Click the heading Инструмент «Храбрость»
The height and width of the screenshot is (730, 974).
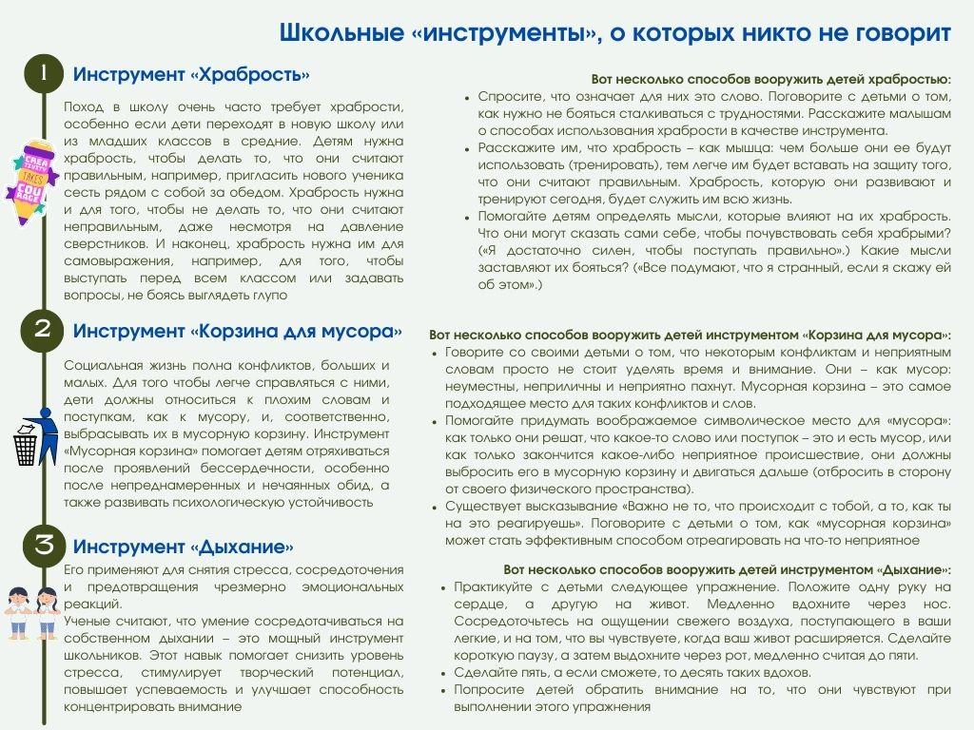[x=191, y=75]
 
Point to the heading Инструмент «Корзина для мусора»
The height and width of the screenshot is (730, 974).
[x=237, y=331]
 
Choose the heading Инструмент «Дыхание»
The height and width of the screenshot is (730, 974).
[x=183, y=547]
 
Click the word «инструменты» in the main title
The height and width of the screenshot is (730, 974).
[x=507, y=33]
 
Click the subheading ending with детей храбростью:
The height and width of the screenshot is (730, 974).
[x=770, y=79]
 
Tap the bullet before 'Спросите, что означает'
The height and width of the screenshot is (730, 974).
[x=467, y=97]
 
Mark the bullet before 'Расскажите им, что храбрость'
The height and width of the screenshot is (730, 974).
[x=467, y=148]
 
